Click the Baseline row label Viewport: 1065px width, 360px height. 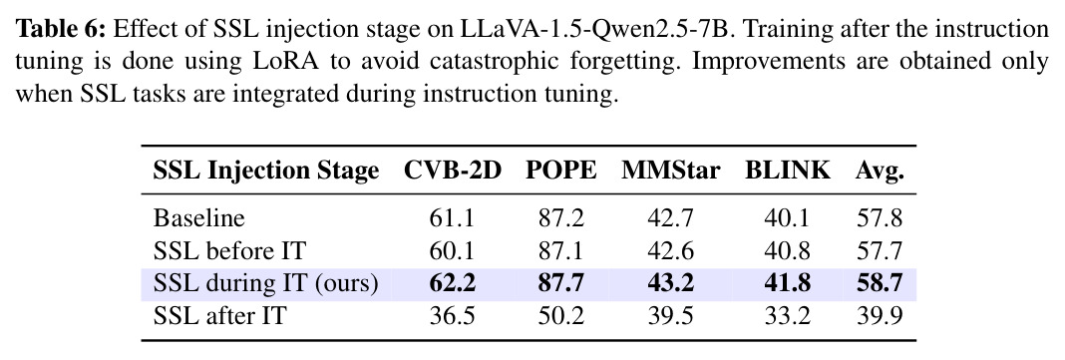[x=198, y=218]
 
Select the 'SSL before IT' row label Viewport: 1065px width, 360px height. [x=229, y=251]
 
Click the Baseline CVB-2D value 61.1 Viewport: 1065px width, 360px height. [x=453, y=218]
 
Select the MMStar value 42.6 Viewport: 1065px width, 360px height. [x=670, y=251]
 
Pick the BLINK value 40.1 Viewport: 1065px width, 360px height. [x=787, y=218]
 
